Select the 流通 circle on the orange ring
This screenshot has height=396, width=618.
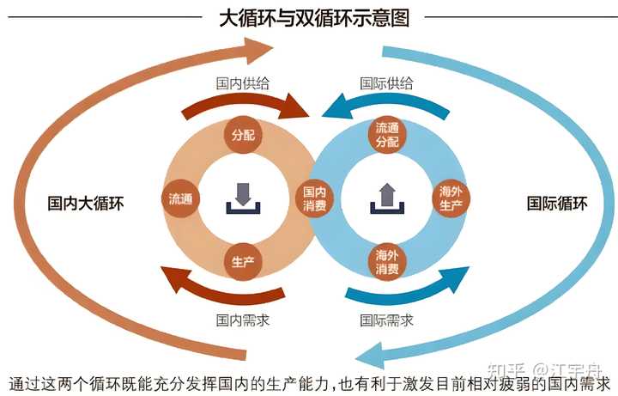click(180, 198)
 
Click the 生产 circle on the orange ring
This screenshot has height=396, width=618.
click(240, 262)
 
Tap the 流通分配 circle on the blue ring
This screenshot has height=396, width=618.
click(387, 136)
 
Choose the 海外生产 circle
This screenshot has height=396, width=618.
click(451, 198)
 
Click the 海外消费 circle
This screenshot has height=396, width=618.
click(387, 262)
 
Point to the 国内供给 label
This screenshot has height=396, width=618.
click(244, 84)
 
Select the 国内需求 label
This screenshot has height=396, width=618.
click(244, 320)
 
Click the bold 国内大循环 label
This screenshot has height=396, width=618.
click(86, 204)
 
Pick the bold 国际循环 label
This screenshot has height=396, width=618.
click(557, 204)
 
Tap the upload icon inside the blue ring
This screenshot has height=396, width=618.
click(386, 198)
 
